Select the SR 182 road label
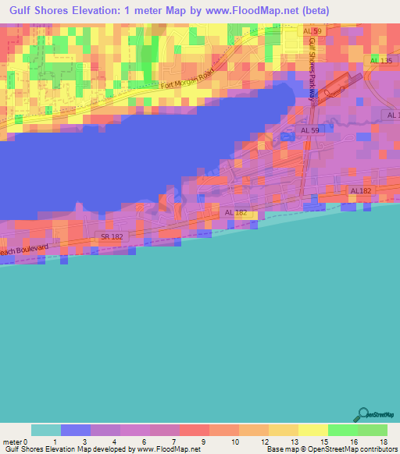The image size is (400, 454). [112, 236]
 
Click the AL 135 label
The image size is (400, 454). [380, 60]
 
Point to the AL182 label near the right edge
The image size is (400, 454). [361, 190]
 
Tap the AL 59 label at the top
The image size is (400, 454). [312, 30]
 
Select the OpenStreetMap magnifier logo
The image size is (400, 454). [363, 413]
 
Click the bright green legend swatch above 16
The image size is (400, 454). [342, 430]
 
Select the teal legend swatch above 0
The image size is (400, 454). [45, 430]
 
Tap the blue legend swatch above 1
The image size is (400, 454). [75, 430]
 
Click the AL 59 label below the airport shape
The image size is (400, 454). [309, 131]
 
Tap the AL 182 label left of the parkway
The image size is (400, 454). [236, 212]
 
